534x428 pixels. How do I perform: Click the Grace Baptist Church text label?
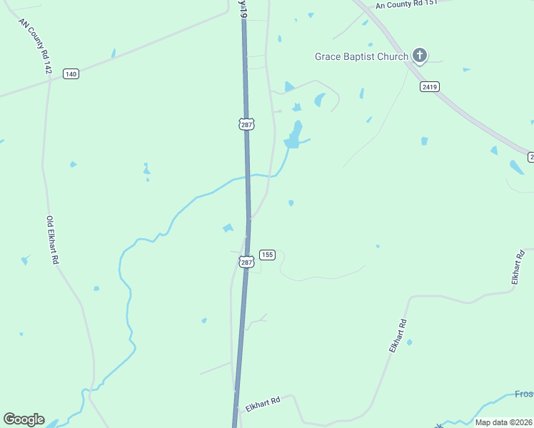coord(362,56)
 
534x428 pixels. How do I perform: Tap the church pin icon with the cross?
coord(420,56)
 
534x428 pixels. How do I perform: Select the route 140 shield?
coord(70,74)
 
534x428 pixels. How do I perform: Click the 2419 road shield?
coord(429,86)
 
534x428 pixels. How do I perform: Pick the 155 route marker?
coord(267,255)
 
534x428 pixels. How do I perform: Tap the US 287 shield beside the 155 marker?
coord(246,262)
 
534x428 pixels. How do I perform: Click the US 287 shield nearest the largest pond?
coord(246,124)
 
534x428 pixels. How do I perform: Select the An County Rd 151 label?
coord(405,4)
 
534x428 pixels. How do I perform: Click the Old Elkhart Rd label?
coord(51,240)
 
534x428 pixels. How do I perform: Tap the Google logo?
coord(24,419)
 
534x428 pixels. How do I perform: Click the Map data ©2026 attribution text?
coord(503,422)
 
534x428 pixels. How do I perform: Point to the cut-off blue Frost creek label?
coord(524,394)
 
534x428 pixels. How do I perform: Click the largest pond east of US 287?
coord(293,136)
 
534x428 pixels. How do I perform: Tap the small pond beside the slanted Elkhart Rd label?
coord(409,342)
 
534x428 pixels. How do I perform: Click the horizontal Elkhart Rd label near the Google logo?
coord(263,404)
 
